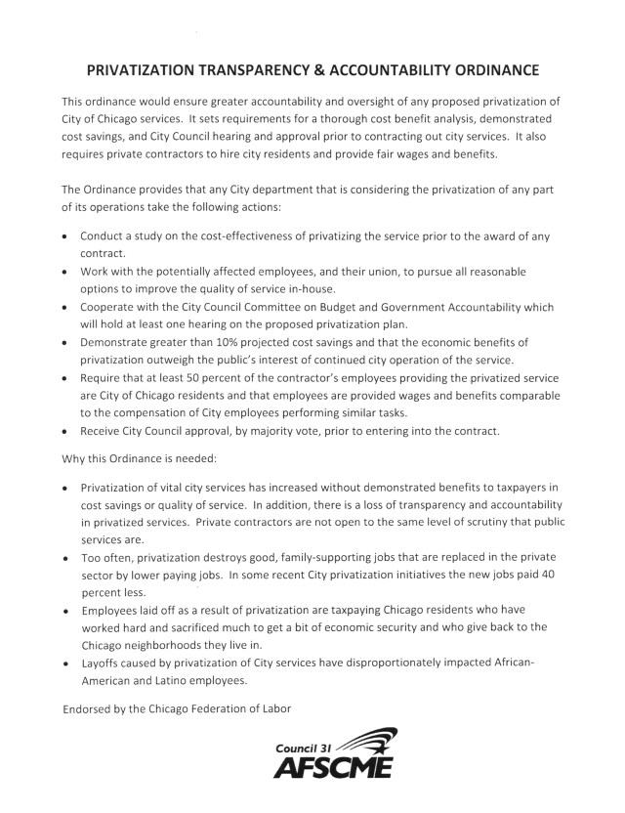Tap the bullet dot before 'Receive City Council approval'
pyautogui.click(x=65, y=431)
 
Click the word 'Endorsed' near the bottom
pyautogui.click(x=91, y=706)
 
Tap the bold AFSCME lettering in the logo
pyautogui.click(x=333, y=768)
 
